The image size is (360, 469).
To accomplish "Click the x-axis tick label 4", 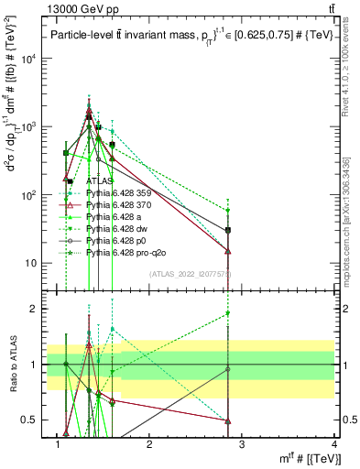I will pyautogui.click(x=334, y=444).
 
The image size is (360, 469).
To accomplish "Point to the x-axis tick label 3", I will pyautogui.click(x=242, y=444).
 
